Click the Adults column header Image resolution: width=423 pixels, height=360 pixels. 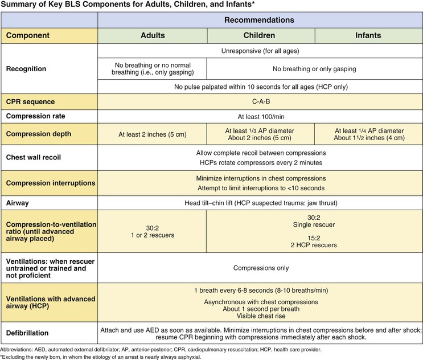pos(153,35)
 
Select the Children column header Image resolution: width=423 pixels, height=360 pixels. pos(260,35)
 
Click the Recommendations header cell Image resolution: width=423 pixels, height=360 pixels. pos(260,19)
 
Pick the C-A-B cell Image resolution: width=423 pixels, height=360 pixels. pos(260,102)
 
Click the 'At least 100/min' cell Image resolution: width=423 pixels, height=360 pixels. pos(260,116)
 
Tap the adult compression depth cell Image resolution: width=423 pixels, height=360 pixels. pos(153,135)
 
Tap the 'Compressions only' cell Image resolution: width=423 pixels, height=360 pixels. pos(260,267)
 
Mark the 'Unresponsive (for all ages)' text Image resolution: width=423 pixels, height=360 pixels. pos(260,51)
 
